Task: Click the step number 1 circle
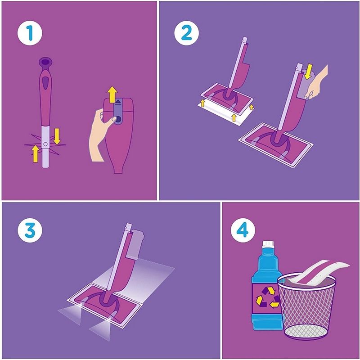pos(30,33)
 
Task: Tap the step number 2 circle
pos(186,33)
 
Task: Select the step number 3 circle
pos(30,230)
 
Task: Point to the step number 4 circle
pos(243,230)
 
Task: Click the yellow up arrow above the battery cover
pos(112,94)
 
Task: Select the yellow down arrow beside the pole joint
pos(57,136)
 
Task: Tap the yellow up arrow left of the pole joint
pos(35,153)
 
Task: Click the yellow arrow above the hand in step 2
pos(309,71)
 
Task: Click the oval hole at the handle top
pos(46,62)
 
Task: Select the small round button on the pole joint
pos(45,144)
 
